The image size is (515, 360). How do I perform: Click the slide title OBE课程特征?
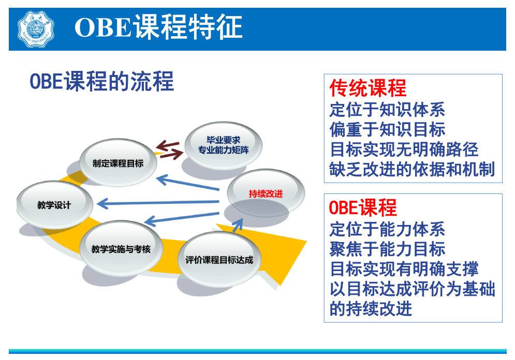click(x=158, y=27)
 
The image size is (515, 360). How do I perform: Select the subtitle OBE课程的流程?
click(x=101, y=81)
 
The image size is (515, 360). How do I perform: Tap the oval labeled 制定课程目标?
click(x=118, y=162)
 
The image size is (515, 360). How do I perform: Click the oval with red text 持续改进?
click(x=266, y=193)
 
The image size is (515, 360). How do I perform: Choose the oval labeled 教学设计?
click(x=54, y=205)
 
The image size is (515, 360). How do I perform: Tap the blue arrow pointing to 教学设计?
click(x=160, y=202)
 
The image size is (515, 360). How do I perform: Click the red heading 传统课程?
click(x=367, y=88)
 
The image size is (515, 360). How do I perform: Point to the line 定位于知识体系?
click(x=387, y=109)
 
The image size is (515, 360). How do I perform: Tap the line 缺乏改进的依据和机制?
click(x=412, y=169)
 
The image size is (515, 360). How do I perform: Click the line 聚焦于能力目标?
click(x=387, y=249)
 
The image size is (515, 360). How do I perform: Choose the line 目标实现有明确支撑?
click(x=404, y=269)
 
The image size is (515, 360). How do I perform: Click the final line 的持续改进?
click(x=371, y=309)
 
